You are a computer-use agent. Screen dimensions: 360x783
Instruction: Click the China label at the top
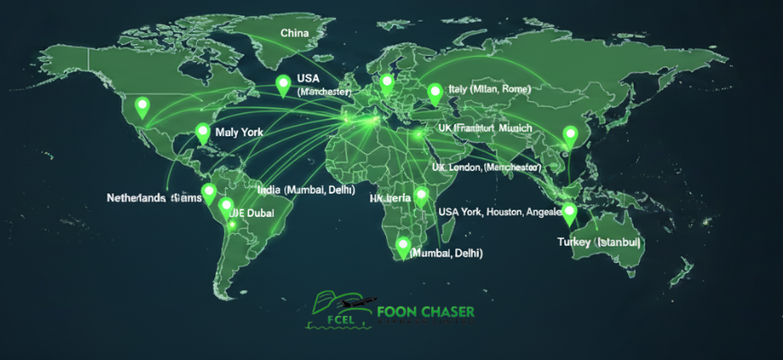(295, 33)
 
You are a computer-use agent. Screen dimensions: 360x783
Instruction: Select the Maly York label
(239, 132)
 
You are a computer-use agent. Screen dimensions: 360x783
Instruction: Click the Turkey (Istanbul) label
(598, 242)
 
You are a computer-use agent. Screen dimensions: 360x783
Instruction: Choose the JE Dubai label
(253, 212)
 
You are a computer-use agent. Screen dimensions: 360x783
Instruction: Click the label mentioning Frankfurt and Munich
(484, 129)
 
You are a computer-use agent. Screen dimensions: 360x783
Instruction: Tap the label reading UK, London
(486, 167)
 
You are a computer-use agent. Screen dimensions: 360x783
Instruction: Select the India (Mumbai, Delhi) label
(306, 191)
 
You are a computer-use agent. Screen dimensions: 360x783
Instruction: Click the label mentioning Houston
(499, 211)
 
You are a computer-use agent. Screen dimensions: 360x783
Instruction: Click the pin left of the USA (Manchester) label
(283, 85)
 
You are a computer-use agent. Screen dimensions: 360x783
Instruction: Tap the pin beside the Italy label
(436, 92)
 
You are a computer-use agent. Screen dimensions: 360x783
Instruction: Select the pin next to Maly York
(202, 133)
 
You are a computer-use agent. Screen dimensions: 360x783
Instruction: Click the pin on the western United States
(141, 106)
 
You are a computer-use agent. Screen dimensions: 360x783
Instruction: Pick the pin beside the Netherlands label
(209, 193)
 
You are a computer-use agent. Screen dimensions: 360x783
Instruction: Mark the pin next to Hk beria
(421, 195)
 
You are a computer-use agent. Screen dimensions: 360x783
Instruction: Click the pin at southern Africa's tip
(402, 246)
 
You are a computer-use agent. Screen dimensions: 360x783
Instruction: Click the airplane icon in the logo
(364, 303)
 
